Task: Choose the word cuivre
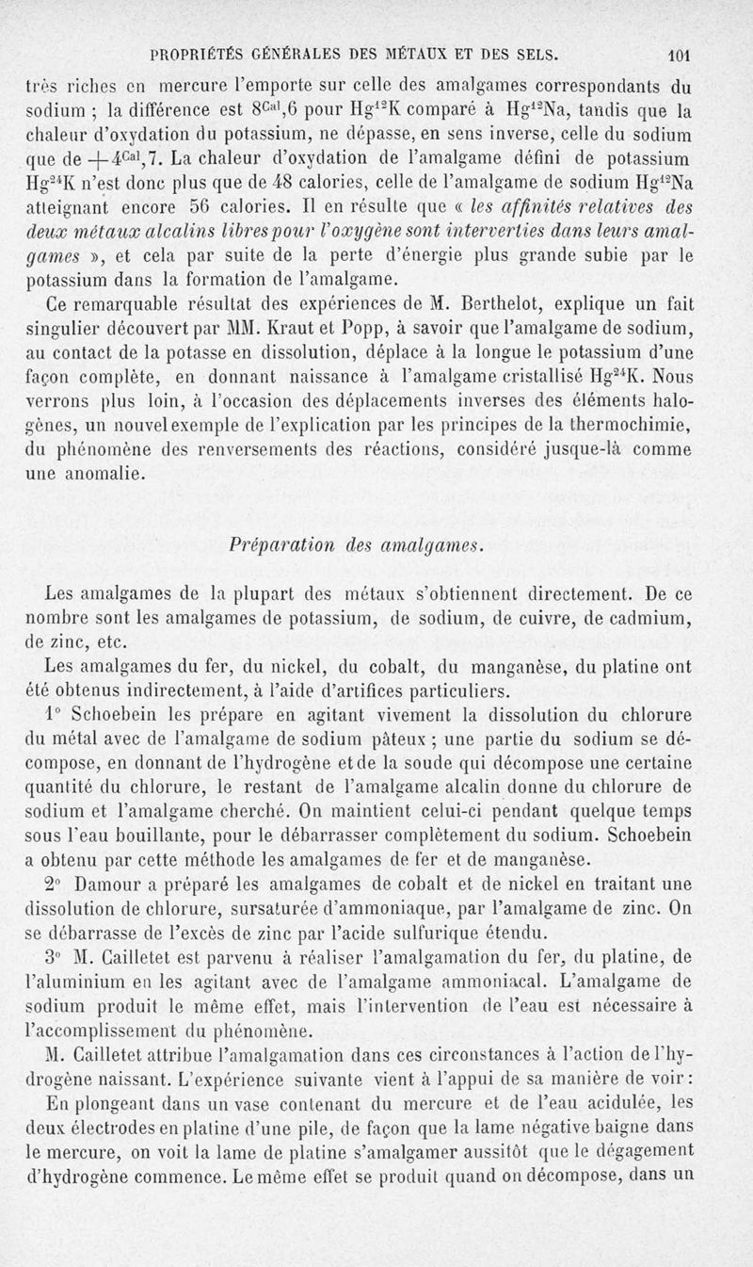(523, 618)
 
